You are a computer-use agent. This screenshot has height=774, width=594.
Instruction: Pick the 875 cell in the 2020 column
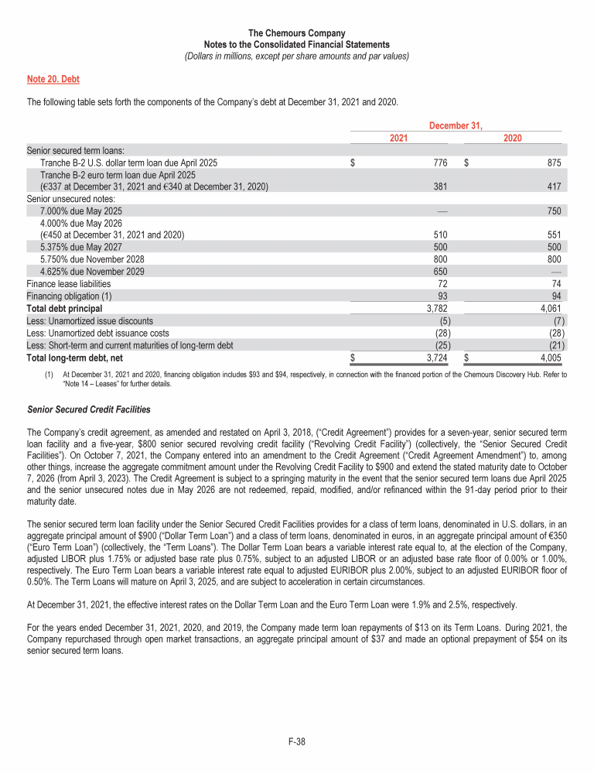tap(552, 163)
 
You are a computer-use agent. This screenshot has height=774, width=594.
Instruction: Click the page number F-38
tap(296, 742)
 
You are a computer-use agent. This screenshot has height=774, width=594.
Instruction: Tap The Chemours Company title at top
tap(297, 34)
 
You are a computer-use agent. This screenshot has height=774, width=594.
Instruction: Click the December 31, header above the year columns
tap(456, 125)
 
